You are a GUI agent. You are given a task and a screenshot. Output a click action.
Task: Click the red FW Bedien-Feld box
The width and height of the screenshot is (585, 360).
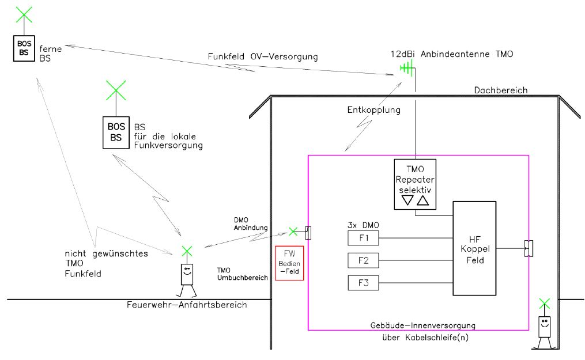coord(289,263)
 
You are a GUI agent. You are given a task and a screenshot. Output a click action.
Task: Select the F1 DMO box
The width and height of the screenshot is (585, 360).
coord(363,237)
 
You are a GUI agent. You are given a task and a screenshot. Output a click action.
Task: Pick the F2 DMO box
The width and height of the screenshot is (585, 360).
coord(363,260)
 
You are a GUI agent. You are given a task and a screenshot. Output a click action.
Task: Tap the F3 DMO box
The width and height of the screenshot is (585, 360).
coord(363,283)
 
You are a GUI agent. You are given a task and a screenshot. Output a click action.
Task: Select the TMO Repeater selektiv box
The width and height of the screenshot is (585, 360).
coord(414,183)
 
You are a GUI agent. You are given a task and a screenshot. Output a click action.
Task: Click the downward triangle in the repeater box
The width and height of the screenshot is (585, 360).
coord(407,200)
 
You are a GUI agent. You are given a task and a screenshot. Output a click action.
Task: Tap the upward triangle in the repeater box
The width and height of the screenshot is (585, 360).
coord(422,200)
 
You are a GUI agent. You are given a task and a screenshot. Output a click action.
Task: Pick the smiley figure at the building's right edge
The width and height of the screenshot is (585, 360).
coord(545,327)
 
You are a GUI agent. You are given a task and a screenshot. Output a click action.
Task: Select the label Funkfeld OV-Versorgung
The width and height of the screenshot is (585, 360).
coord(263,56)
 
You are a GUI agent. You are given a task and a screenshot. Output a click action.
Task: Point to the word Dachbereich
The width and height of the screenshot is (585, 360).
coord(500,90)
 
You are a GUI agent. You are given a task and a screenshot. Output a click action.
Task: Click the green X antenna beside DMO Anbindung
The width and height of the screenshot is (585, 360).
coord(293,232)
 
